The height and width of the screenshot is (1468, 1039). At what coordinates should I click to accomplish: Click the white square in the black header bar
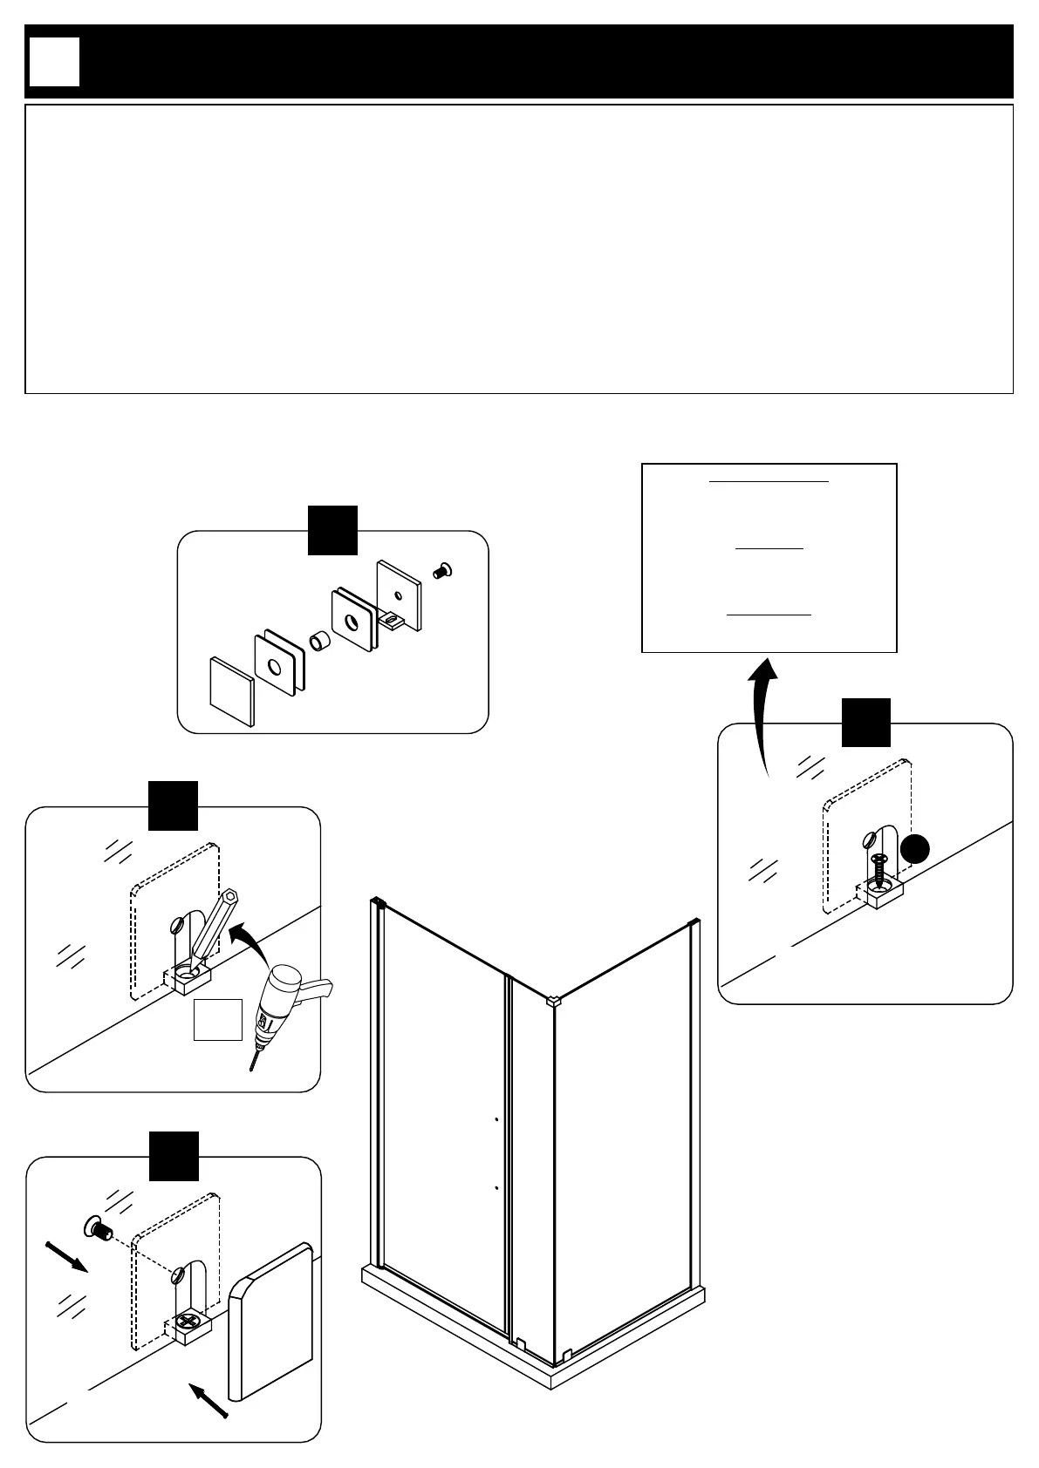[x=54, y=62]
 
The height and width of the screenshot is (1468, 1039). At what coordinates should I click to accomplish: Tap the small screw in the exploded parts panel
[x=442, y=571]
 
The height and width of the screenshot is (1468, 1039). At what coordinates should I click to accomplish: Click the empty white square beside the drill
[x=217, y=1020]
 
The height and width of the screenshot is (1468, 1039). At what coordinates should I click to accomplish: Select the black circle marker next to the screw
[x=915, y=848]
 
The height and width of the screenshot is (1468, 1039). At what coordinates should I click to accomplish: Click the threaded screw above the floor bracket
[x=878, y=868]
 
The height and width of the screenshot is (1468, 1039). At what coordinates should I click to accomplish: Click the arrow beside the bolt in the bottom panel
[x=66, y=1257]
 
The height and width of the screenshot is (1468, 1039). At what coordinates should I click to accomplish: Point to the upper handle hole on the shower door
[x=496, y=1118]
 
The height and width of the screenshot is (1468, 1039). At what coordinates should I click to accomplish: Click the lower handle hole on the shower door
[x=496, y=1187]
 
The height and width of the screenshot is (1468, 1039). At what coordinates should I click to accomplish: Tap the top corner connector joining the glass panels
[x=551, y=1000]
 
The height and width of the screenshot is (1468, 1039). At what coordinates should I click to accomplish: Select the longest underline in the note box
[x=769, y=480]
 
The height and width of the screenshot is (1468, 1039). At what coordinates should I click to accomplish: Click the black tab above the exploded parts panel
[x=332, y=529]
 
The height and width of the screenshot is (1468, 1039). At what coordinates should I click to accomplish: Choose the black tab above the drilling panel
[x=173, y=805]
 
